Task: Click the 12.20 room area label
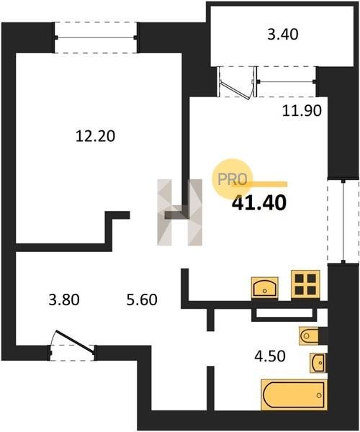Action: [x=95, y=136]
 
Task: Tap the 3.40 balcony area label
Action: [x=283, y=35]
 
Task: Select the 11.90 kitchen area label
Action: [x=302, y=110]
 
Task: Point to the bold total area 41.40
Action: [x=259, y=203]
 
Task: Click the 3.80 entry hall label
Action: [x=64, y=300]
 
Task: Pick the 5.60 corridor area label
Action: [x=142, y=300]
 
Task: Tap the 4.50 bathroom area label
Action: [x=270, y=356]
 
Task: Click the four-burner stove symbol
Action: [x=306, y=284]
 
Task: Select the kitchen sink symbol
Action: [x=265, y=287]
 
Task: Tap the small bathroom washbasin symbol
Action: [x=318, y=363]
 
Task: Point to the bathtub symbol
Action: [x=294, y=395]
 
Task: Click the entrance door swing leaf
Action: [x=75, y=341]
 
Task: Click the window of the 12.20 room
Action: [x=96, y=37]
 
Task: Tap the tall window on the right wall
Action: [x=343, y=222]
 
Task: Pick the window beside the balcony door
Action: [x=286, y=81]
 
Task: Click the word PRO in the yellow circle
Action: [x=232, y=179]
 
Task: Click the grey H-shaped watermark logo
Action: [x=179, y=212]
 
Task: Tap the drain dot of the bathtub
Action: [x=319, y=395]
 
